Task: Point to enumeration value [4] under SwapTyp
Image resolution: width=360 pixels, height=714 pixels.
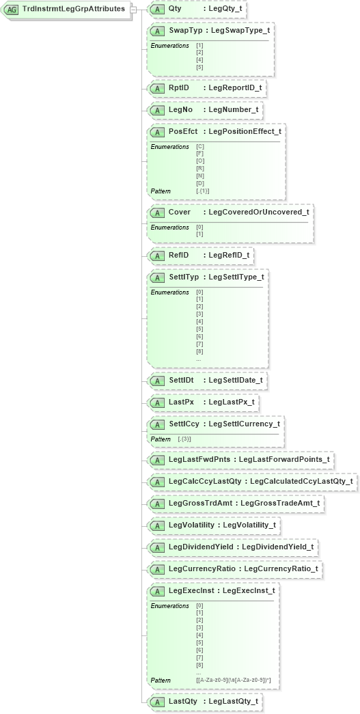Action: (199, 59)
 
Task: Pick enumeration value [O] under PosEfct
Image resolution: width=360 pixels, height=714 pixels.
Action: (200, 161)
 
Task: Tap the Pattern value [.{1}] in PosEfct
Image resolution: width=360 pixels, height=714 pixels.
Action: (203, 191)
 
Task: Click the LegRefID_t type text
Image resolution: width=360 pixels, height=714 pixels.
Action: (229, 255)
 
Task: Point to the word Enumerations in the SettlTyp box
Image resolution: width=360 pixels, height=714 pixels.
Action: (170, 292)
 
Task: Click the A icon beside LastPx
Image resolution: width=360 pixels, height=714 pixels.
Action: (157, 402)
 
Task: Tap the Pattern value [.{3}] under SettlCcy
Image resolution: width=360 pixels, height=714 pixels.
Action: (184, 439)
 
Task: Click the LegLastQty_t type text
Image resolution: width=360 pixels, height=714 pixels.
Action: (233, 701)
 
